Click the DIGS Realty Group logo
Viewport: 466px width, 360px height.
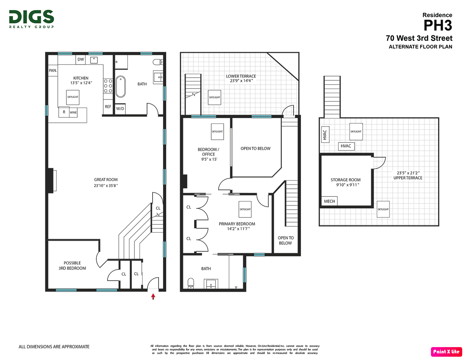coord(31,19)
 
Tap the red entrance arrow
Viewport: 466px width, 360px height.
coord(153,297)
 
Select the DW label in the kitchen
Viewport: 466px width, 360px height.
coord(81,59)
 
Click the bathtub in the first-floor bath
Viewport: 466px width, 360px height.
coord(120,87)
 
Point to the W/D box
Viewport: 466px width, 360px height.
coord(120,109)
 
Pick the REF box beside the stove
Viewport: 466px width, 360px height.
coord(108,106)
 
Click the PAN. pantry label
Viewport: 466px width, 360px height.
coord(53,70)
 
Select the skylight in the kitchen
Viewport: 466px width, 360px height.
coord(73,97)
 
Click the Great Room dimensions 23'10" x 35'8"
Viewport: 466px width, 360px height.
coord(106,186)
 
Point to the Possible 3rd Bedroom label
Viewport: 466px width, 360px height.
coord(72,266)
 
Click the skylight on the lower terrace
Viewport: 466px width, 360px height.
coord(214,97)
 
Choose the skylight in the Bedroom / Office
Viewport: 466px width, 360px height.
coord(217,131)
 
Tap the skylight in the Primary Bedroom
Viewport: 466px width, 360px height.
coord(245,209)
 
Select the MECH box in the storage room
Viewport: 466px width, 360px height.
coord(329,201)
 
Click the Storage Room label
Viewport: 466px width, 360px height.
coord(345,180)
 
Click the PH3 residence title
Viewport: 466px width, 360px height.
coord(438,26)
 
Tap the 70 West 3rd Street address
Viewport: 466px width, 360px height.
coord(419,38)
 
